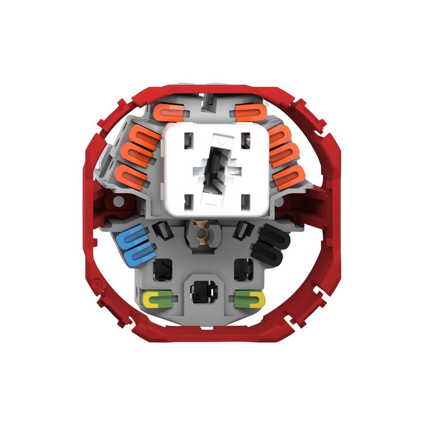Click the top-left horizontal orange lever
point(168,112)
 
